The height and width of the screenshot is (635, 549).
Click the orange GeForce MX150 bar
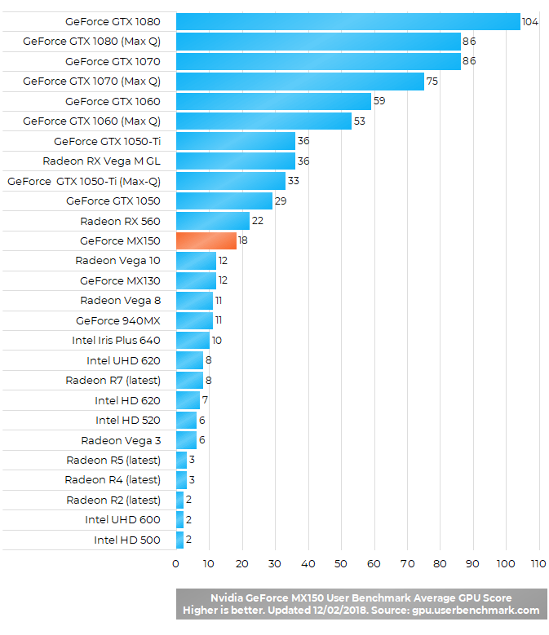click(206, 240)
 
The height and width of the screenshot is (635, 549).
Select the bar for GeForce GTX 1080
click(348, 21)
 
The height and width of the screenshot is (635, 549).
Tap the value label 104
click(530, 21)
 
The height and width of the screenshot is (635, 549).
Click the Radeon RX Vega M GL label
click(102, 161)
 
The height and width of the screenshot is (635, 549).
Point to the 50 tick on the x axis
click(342, 563)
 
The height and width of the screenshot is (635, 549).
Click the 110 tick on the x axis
click(538, 563)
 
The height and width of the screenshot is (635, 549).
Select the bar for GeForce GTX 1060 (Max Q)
click(263, 121)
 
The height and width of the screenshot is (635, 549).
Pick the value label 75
click(432, 82)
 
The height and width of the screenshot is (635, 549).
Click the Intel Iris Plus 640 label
click(117, 341)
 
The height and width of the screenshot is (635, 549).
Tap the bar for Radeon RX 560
click(212, 221)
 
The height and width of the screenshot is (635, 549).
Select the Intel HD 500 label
click(127, 540)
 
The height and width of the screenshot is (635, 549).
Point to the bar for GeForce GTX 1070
click(318, 61)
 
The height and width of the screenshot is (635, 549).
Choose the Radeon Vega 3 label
click(121, 440)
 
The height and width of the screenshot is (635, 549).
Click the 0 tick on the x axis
click(176, 563)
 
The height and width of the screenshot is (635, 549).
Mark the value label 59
click(379, 102)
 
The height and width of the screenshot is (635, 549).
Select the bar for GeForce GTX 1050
click(224, 201)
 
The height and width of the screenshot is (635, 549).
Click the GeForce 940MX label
click(118, 320)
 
